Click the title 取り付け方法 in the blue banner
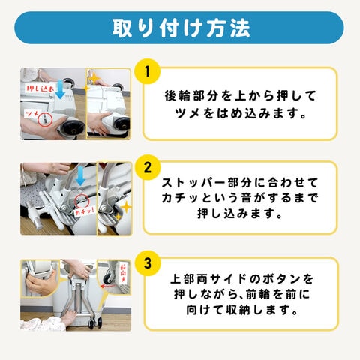point(181,28)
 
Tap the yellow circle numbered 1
point(147,71)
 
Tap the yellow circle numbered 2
point(147,167)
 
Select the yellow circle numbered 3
point(147,263)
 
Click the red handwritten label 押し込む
point(40,88)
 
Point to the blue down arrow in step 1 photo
point(60,89)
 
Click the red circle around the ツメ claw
point(45,119)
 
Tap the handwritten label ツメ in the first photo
point(31,114)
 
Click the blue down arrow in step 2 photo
point(80,176)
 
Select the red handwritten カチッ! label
point(85,211)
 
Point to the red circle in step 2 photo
point(82,201)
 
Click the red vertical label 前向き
point(123,273)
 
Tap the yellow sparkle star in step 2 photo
point(126,208)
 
